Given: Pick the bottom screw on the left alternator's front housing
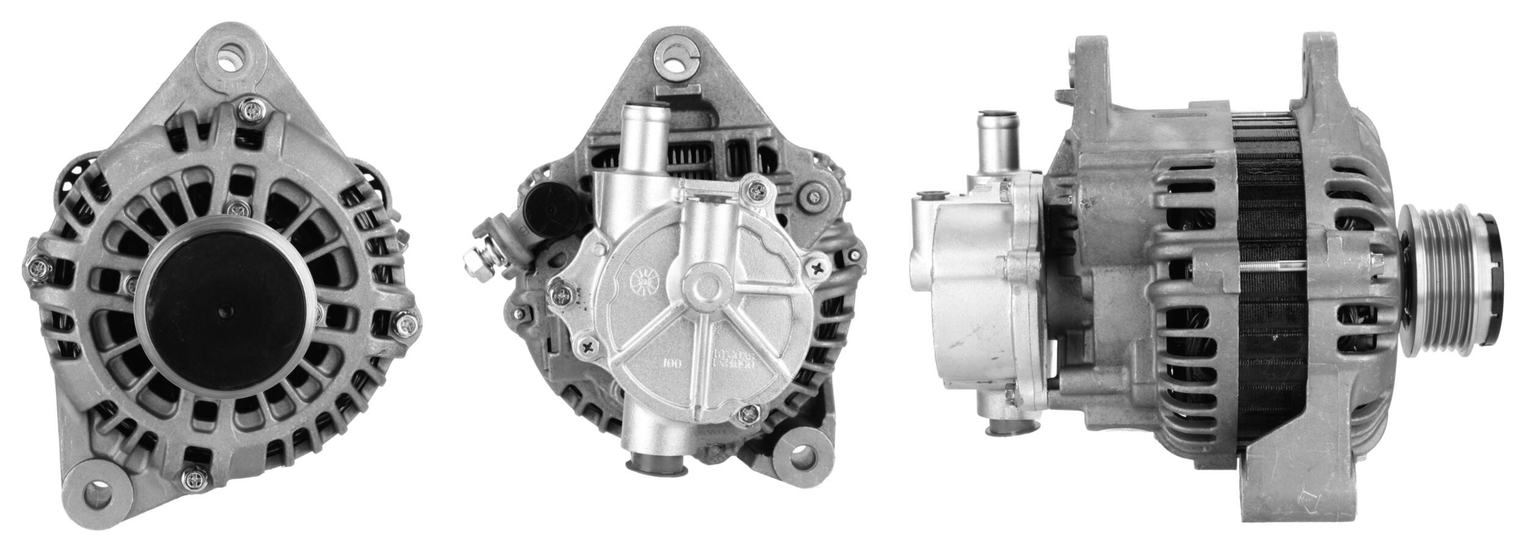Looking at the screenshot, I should pyautogui.click(x=195, y=479).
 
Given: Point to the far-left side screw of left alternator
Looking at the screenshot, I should pyautogui.click(x=40, y=267).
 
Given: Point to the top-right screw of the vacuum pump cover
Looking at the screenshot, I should pyautogui.click(x=756, y=192).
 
